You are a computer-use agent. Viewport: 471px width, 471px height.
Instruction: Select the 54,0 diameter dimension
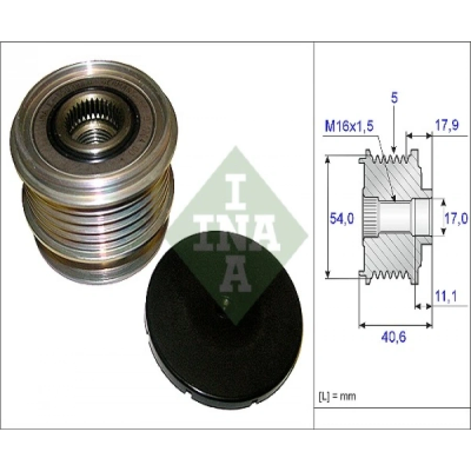point(340,219)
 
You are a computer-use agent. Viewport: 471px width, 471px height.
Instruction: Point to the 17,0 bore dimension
point(454,218)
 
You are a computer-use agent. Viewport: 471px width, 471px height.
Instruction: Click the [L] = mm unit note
point(337,396)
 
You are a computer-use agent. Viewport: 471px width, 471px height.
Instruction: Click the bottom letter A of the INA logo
point(235,275)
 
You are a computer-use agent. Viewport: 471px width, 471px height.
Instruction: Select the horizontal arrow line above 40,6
point(396,325)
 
